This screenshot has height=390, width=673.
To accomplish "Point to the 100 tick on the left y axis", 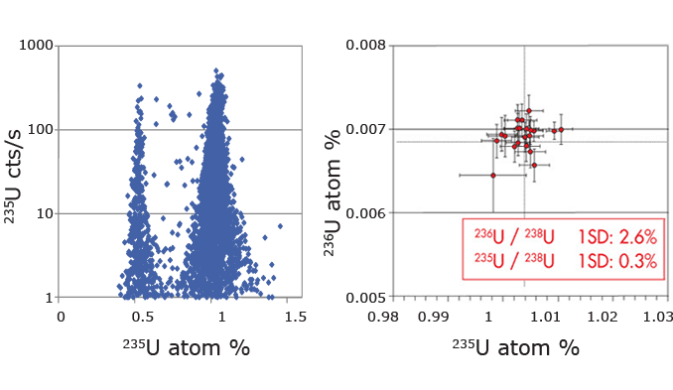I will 43,129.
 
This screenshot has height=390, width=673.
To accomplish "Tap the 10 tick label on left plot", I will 46,213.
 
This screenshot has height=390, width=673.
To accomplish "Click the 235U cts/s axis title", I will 17,171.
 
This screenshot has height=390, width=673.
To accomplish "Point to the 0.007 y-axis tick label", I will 367,129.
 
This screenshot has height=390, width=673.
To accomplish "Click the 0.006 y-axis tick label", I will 367,213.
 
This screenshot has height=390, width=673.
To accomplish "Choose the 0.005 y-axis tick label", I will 367,298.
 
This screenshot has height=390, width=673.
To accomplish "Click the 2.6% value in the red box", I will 636,239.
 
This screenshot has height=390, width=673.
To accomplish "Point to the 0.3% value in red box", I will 636,263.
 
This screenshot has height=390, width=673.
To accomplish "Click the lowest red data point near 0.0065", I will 493,175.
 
